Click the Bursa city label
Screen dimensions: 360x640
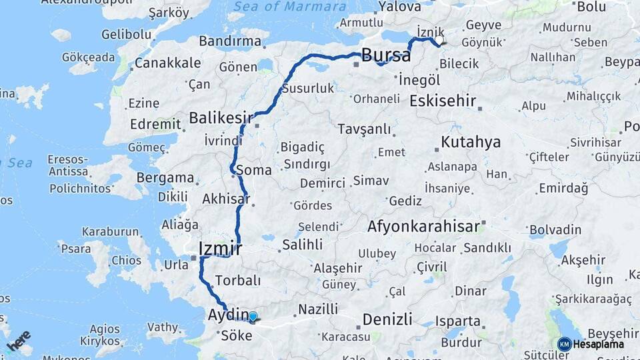386,55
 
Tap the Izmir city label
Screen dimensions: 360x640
217,249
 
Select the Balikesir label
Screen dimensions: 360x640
221,118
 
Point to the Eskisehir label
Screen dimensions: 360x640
443,101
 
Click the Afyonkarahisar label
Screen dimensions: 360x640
423,227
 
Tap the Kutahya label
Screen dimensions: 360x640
471,142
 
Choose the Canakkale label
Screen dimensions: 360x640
167,63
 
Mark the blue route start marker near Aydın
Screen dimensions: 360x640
253,317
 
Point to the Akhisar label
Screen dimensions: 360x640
225,199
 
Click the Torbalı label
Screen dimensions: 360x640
237,280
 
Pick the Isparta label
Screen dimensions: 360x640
457,321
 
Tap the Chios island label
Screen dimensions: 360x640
126,260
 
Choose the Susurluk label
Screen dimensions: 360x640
307,88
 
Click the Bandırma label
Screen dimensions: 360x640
230,41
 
